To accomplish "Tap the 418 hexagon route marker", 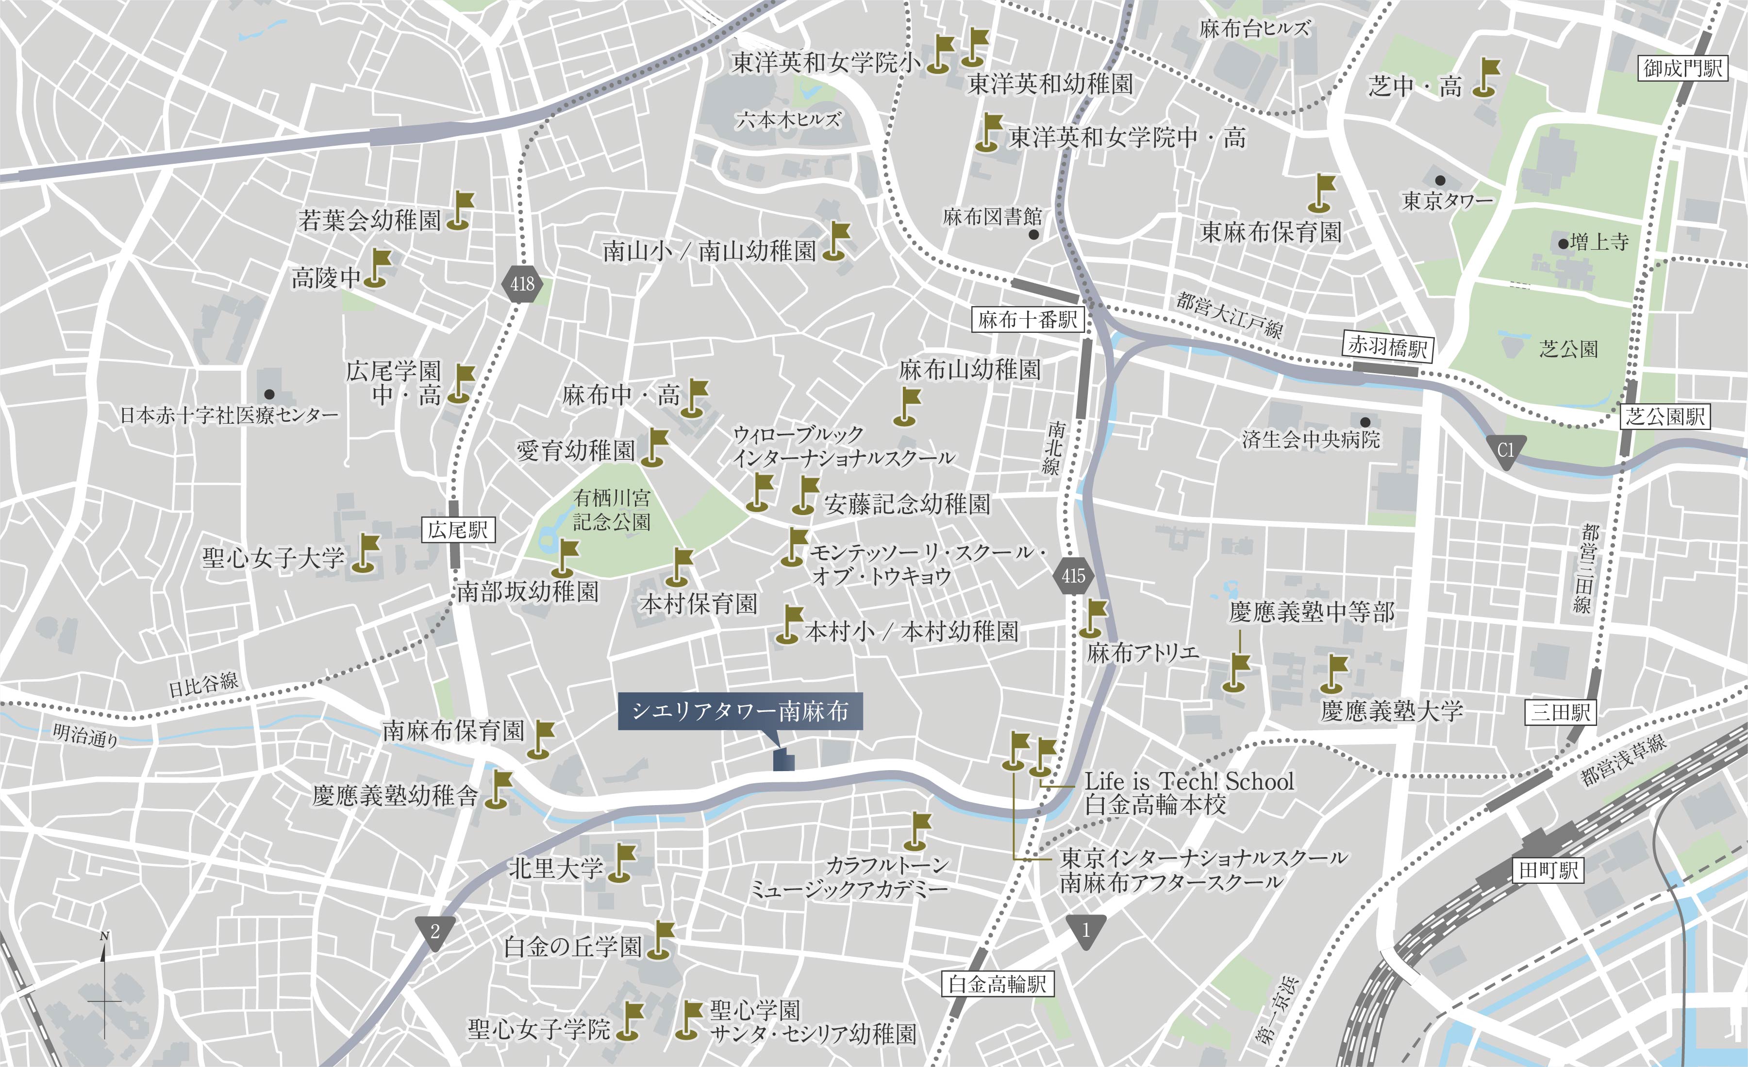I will click(522, 284).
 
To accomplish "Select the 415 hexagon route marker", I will click(1073, 576).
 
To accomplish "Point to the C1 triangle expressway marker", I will click(1505, 450).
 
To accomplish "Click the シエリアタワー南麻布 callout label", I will click(740, 711).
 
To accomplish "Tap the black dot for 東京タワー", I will click(1439, 180).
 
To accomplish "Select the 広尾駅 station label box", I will click(458, 530).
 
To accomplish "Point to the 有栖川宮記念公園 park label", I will click(612, 511).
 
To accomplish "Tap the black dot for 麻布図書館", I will click(1033, 234).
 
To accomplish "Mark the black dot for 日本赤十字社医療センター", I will click(269, 394).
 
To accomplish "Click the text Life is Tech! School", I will click(1189, 782).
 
